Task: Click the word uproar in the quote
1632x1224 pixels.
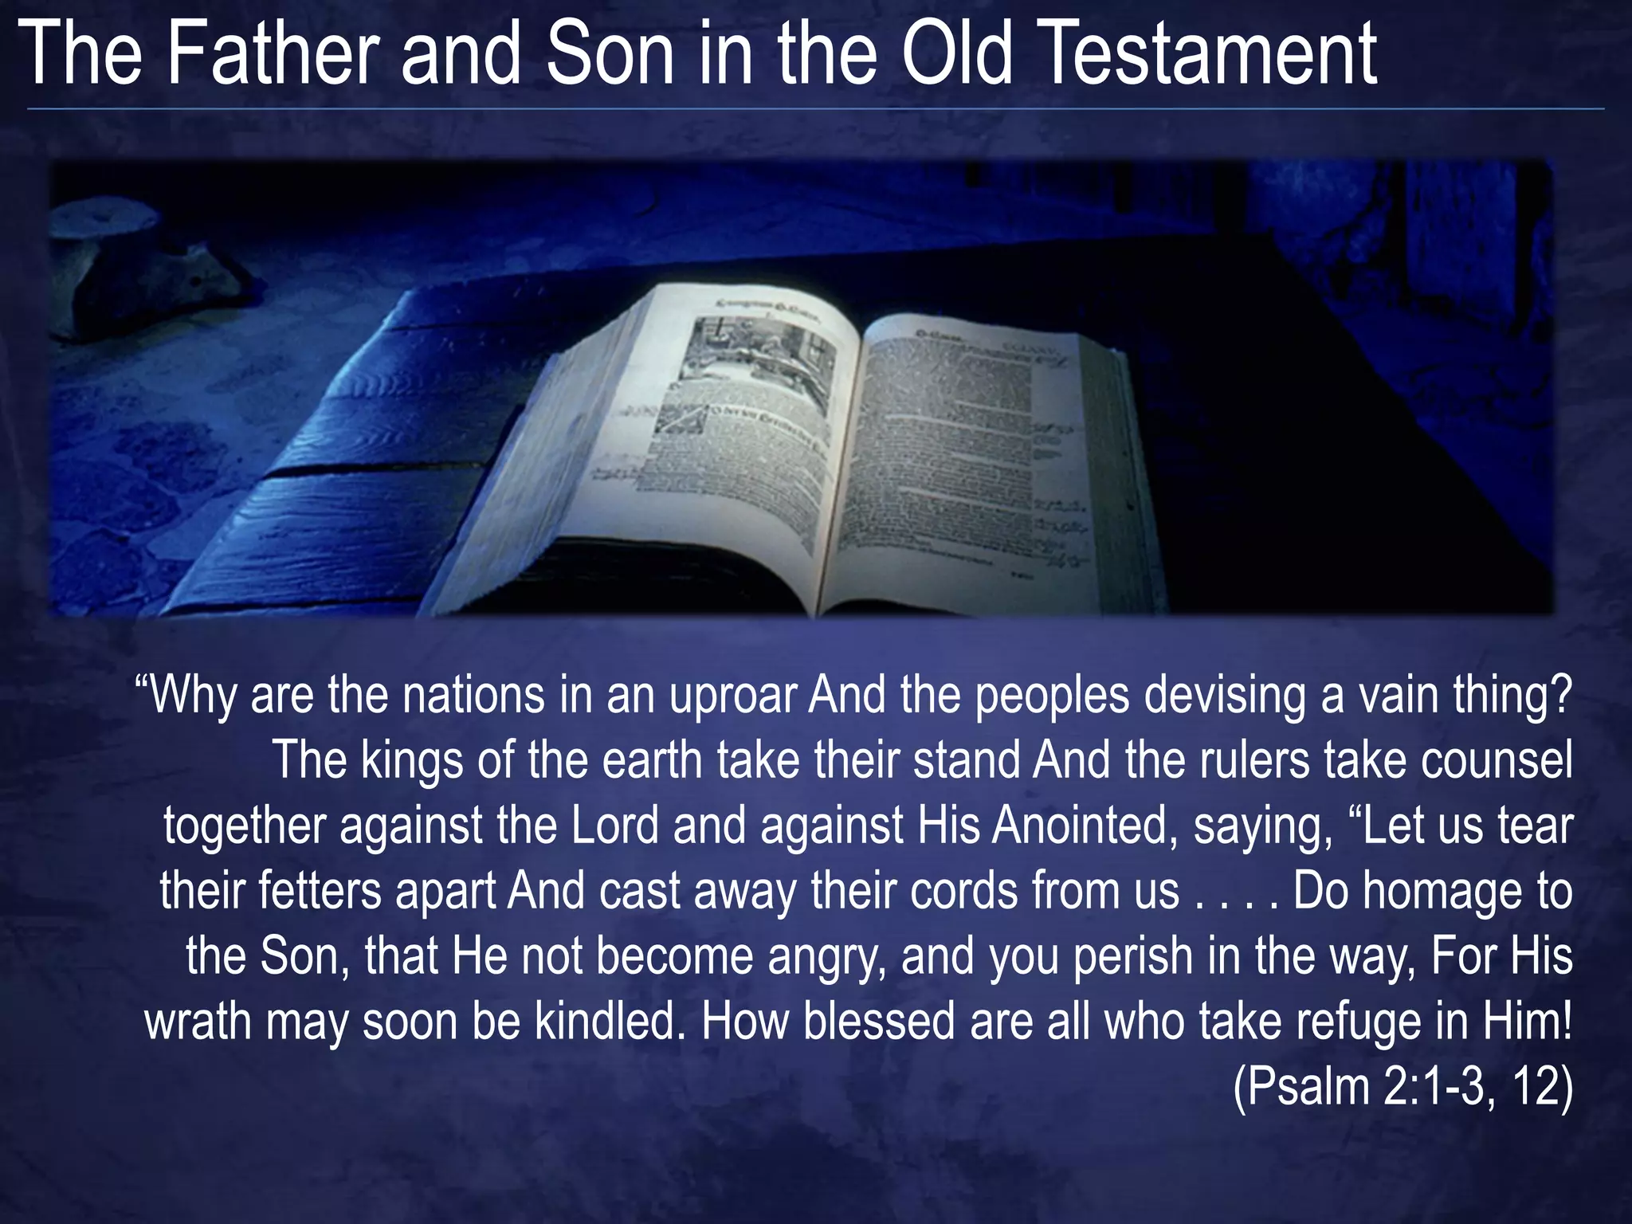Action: [x=732, y=696]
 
